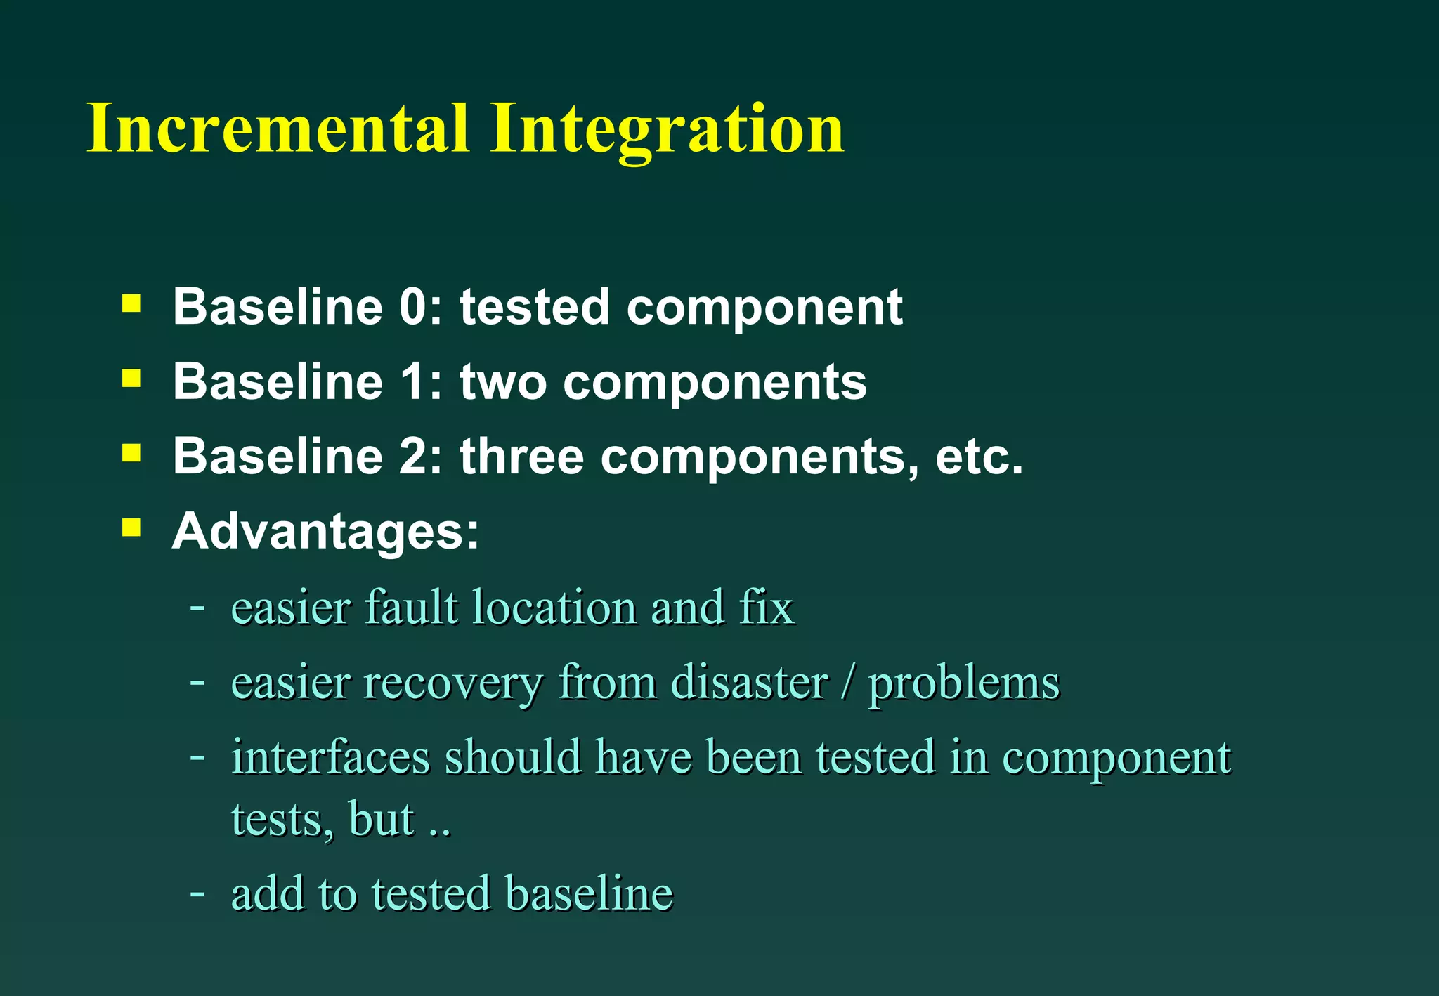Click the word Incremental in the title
[x=278, y=129]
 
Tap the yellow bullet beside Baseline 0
[x=131, y=303]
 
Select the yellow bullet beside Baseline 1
[x=131, y=379]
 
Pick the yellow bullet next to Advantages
[x=131, y=528]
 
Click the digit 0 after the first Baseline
[x=413, y=307]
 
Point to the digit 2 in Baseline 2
[x=413, y=457]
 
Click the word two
[x=502, y=383]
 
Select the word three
[x=521, y=457]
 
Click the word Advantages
[x=325, y=532]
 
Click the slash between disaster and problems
[x=848, y=683]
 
